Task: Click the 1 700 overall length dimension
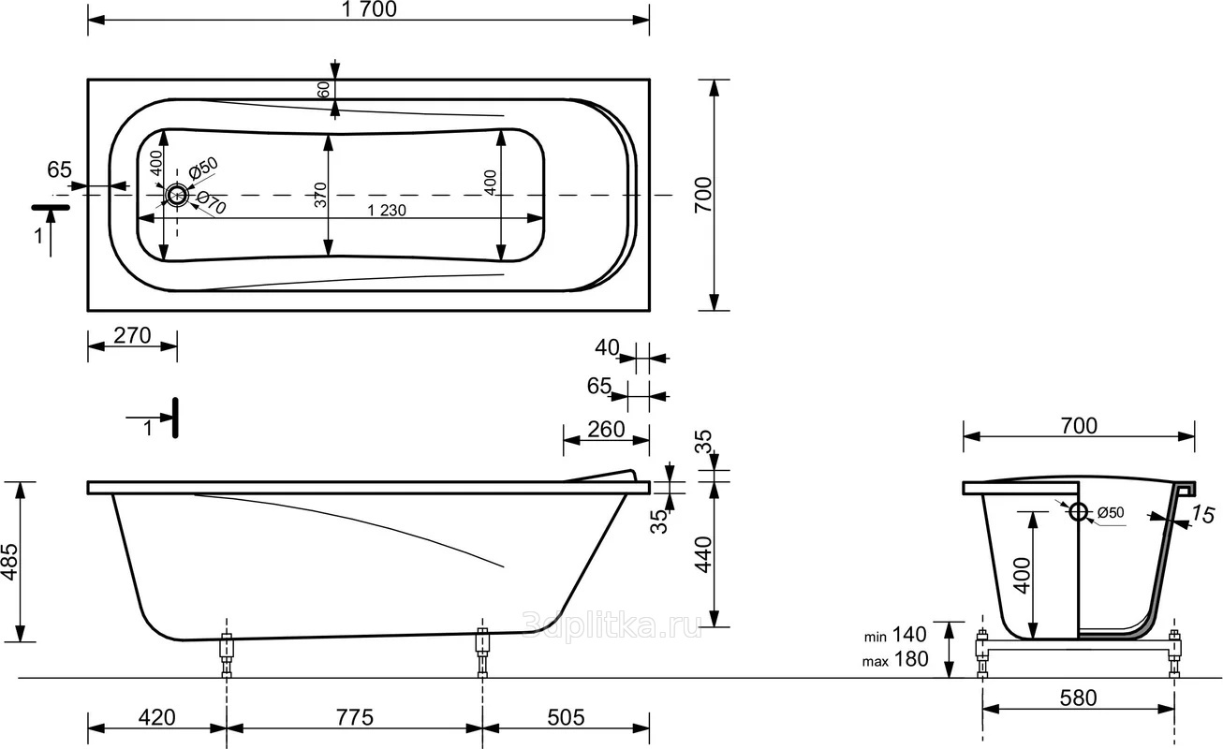point(369,9)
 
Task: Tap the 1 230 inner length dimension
point(387,210)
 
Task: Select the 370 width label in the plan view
point(320,195)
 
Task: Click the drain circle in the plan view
point(177,195)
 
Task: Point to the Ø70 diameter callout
point(211,202)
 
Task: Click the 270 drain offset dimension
point(132,335)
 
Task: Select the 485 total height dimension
point(9,562)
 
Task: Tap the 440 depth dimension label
point(704,554)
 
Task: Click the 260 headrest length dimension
point(606,430)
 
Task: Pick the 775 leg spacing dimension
point(355,717)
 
